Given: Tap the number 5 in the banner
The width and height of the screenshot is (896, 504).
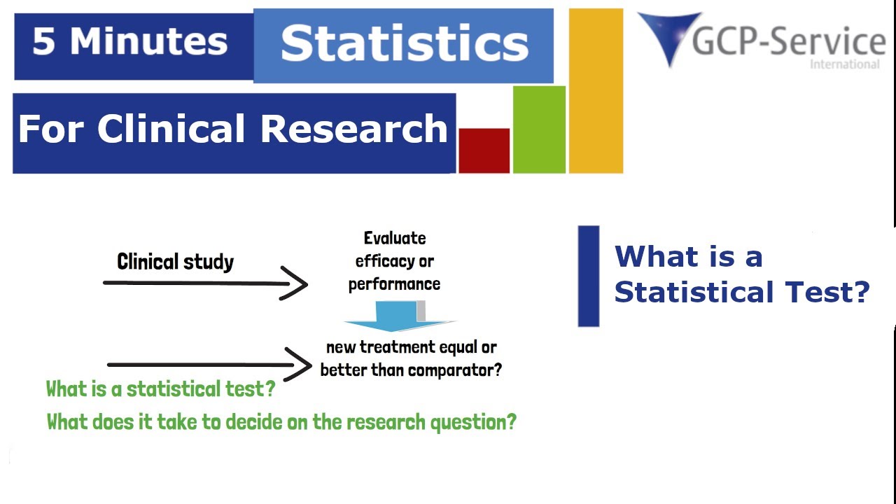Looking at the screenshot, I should pos(43,42).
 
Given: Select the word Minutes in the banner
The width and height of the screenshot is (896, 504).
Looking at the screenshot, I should pos(148,42).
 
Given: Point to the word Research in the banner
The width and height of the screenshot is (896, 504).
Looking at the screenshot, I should pos(354,129).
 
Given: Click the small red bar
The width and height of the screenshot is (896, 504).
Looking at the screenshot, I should pos(484,150).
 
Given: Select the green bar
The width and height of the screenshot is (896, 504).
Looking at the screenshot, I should pos(539,129).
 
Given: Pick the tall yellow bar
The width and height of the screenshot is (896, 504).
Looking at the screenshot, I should pos(596,91).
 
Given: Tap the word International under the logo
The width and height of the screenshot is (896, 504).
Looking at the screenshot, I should pos(844,64).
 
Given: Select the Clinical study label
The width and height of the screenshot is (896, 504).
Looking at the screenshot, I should pos(175,262).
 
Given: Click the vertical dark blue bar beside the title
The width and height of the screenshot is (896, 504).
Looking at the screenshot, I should pos(588,276).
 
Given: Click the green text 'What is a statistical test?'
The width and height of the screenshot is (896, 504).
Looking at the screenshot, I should pos(160,388).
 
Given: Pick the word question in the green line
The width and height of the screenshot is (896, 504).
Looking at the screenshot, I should pos(473,422).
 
